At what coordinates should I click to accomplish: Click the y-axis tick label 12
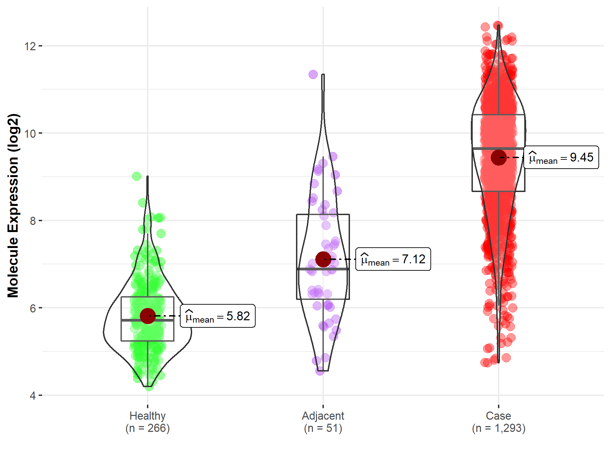click(x=30, y=46)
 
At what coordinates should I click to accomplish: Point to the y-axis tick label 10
click(x=30, y=134)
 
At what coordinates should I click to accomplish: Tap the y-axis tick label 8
click(x=33, y=221)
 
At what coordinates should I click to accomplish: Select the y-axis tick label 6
click(x=33, y=308)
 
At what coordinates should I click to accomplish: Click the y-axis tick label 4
click(x=33, y=396)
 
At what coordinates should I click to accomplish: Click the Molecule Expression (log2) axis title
click(x=13, y=206)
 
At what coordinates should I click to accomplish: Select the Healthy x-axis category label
click(x=148, y=416)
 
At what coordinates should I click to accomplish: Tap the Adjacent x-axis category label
click(x=323, y=416)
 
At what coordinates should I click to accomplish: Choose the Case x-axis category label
click(x=498, y=416)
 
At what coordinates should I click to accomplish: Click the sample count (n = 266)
click(x=148, y=428)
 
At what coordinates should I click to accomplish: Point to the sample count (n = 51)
click(x=323, y=428)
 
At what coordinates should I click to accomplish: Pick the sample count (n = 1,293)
click(x=498, y=428)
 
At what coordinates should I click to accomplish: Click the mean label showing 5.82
click(x=218, y=316)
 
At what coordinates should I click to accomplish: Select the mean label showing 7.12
click(x=393, y=259)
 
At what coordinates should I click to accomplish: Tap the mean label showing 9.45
click(x=561, y=157)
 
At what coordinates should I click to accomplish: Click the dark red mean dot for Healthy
click(x=148, y=316)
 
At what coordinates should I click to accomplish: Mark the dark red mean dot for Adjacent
click(x=323, y=259)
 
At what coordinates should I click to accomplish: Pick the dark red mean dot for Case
click(x=498, y=157)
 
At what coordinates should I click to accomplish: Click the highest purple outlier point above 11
click(x=313, y=74)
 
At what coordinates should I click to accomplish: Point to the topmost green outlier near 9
click(x=136, y=176)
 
